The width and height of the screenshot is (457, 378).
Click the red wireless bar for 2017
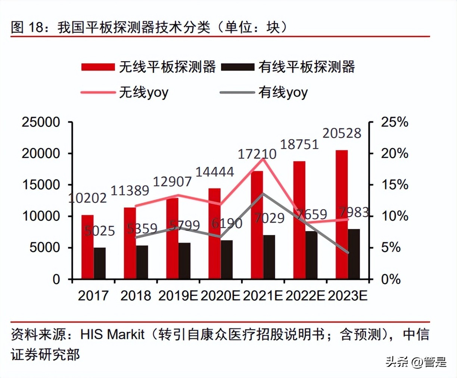pos(87,247)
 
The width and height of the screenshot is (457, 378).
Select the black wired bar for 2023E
pos(354,254)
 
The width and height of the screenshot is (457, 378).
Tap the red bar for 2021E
pos(257,225)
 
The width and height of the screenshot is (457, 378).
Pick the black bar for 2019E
pos(184,261)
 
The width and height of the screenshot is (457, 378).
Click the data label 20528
pos(342,133)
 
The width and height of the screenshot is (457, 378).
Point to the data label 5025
pos(99,231)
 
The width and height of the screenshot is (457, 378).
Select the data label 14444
pos(215,172)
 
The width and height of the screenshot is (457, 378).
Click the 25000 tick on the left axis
pos(41,122)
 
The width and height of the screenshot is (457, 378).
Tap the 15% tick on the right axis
pos(394,185)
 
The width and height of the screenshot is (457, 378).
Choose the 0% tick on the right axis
pos(391,279)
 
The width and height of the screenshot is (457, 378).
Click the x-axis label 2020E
pos(220,296)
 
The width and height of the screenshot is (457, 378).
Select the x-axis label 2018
pos(136,296)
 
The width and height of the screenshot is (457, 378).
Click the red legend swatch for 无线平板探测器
pos(98,67)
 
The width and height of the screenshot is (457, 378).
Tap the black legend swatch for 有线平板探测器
pos(237,67)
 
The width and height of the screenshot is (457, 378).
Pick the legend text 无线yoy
pos(144,92)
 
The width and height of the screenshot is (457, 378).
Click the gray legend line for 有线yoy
pos(237,92)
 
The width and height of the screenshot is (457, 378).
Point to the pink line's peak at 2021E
pos(264,159)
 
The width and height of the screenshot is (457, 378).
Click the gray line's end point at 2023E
pos(348,253)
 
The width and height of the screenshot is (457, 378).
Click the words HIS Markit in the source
pos(112,334)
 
